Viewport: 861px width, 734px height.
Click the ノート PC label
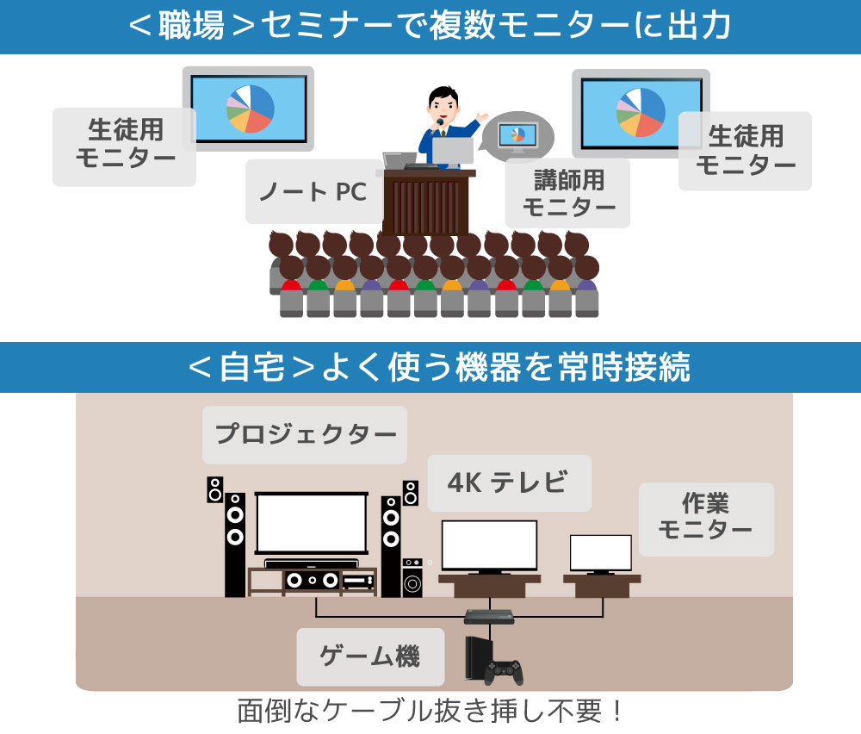click(313, 191)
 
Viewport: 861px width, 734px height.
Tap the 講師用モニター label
click(568, 193)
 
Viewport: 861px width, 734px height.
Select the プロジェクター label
click(305, 434)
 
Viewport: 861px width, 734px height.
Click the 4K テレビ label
click(509, 482)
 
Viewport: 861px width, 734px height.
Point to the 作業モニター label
click(705, 518)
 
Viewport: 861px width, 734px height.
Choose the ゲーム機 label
click(369, 656)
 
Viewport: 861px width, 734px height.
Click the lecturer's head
click(443, 103)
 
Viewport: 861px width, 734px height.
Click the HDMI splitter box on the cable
click(489, 616)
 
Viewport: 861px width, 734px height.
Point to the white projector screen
click(312, 524)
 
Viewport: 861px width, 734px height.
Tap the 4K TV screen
click(489, 544)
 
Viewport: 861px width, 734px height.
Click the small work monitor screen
click(600, 552)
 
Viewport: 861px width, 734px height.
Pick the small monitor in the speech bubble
click(517, 134)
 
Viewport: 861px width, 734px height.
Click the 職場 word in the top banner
click(190, 27)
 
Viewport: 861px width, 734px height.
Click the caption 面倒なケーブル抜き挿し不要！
click(430, 712)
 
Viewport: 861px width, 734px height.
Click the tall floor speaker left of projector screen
click(235, 543)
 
